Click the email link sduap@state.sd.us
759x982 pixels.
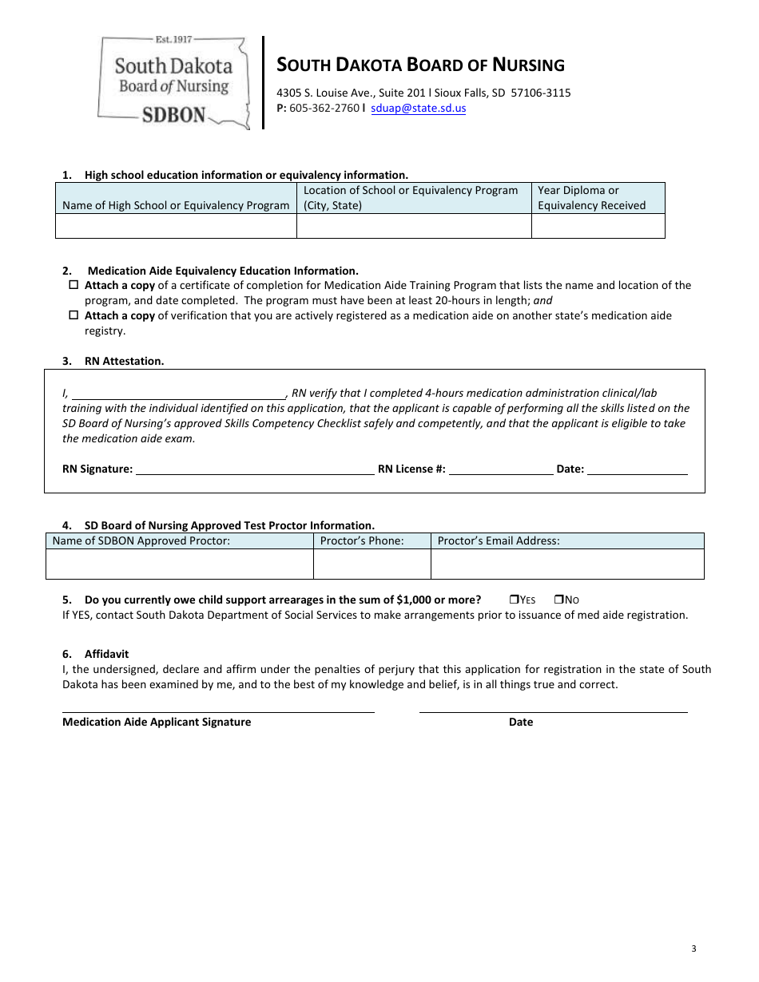[418, 109]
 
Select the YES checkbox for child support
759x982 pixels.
[514, 600]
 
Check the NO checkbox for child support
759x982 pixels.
[559, 600]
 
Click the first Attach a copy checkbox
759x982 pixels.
[74, 285]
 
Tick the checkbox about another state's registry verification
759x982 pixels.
[74, 315]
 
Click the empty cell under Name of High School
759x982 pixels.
[176, 227]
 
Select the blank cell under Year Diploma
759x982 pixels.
[598, 227]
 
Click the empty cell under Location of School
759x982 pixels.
[414, 227]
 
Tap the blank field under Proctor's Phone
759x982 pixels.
[372, 564]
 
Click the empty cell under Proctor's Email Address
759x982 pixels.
[567, 564]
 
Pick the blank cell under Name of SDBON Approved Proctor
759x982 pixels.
[180, 564]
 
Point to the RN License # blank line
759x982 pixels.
[501, 470]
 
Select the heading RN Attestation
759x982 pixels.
[124, 361]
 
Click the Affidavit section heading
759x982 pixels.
[106, 654]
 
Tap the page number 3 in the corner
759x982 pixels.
[693, 948]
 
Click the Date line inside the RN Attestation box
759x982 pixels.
[637, 470]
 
